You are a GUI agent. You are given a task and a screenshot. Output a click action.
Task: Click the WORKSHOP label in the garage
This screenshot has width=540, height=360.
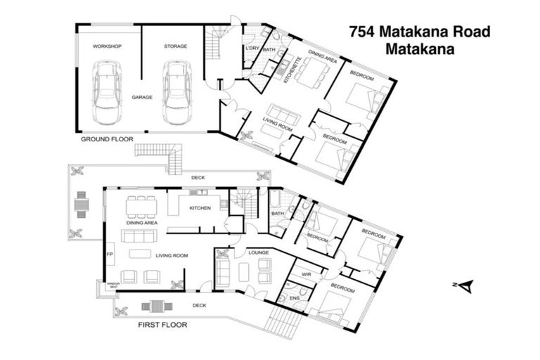click(x=107, y=46)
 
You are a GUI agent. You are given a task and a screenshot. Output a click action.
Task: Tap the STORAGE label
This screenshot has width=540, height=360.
click(x=176, y=46)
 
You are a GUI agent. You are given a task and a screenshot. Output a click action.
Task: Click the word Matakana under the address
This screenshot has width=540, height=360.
click(x=419, y=49)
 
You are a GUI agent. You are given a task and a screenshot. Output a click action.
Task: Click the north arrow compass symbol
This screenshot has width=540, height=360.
click(x=465, y=285)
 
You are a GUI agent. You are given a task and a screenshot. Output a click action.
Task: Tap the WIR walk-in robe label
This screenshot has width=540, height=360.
click(x=306, y=274)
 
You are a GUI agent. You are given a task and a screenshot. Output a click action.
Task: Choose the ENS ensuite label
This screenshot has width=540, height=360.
click(x=294, y=298)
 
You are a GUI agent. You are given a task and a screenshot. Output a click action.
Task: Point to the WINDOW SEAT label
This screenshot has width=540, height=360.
click(x=113, y=285)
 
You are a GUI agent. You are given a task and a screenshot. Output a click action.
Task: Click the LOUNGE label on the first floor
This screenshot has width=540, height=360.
click(x=248, y=251)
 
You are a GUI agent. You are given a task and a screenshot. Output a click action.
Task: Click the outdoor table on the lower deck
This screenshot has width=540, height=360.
click(x=156, y=306)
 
